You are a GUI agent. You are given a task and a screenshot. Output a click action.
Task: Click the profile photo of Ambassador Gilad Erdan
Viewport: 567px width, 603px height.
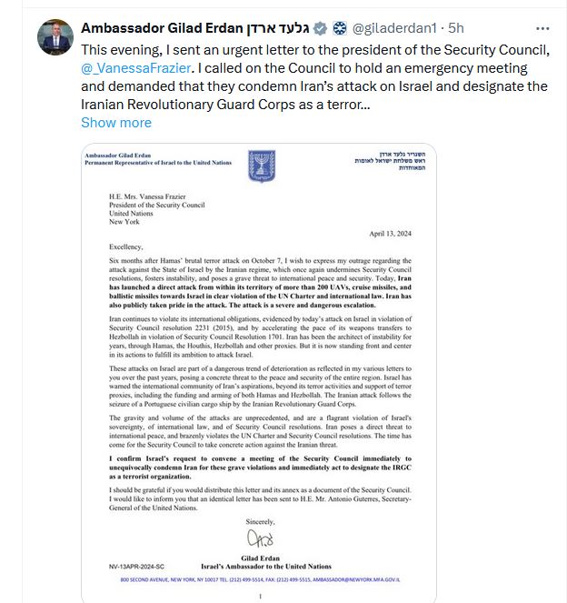(x=55, y=35)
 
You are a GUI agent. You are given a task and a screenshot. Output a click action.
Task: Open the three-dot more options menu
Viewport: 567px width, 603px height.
(x=543, y=27)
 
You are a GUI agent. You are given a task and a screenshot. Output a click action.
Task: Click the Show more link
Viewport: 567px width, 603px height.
(x=116, y=123)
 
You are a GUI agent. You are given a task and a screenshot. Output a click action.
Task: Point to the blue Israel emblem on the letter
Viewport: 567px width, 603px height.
(x=262, y=166)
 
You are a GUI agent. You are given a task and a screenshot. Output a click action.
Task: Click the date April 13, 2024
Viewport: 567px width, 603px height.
(x=393, y=232)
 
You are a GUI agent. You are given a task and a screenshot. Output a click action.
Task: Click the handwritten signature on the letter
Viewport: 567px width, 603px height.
(x=261, y=538)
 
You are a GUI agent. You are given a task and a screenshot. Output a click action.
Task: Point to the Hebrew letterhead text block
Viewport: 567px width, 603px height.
(x=392, y=163)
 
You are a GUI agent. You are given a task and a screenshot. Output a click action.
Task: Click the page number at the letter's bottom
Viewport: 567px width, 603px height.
(x=262, y=596)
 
